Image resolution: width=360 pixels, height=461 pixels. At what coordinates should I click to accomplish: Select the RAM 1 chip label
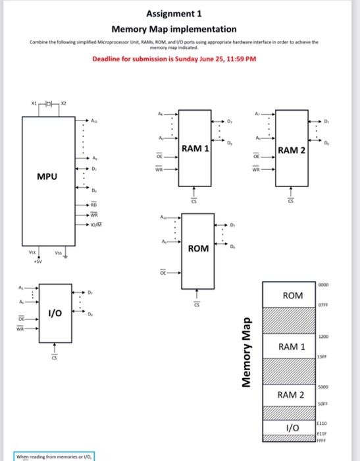pos(195,148)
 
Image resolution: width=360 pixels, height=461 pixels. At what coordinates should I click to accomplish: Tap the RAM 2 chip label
pos(292,151)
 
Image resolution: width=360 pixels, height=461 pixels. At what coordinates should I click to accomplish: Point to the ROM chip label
pos(198,249)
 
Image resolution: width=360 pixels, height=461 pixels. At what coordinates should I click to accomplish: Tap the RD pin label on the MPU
pos(94,205)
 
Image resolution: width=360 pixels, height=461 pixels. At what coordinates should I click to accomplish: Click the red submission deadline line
pos(174,59)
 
